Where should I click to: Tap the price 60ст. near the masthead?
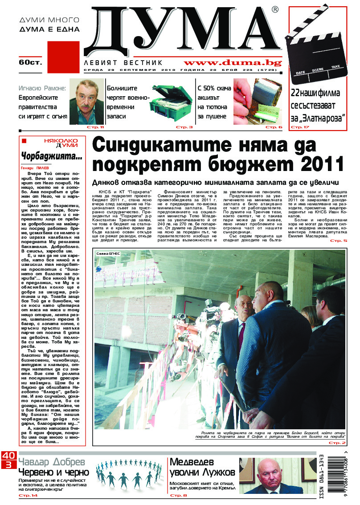tap(30, 62)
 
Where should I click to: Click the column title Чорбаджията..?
tap(52, 156)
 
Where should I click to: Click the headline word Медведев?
tap(192, 462)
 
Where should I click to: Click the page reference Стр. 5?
tap(338, 241)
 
